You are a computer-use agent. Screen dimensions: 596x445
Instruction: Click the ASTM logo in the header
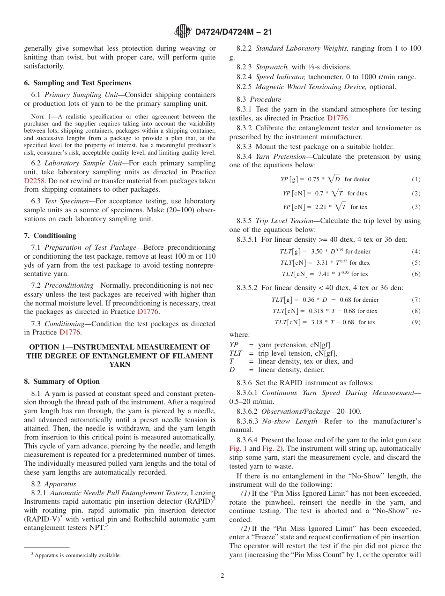(183, 31)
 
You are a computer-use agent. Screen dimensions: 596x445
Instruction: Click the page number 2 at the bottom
(222, 576)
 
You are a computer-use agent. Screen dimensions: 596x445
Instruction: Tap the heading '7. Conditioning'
(50, 235)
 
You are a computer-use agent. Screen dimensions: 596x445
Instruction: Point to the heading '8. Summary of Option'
(62, 381)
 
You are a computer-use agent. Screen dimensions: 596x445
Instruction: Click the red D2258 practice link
(34, 181)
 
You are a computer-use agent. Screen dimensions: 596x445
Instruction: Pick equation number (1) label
(416, 179)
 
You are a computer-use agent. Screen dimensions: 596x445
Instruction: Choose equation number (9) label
(416, 322)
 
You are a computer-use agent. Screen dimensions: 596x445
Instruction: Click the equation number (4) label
(416, 252)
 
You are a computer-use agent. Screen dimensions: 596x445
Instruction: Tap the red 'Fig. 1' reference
(238, 448)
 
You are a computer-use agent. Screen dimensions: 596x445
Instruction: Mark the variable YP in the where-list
(233, 345)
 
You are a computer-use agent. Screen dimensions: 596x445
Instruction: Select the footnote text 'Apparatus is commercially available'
(77, 555)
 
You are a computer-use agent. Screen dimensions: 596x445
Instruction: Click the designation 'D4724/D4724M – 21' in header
(233, 32)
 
